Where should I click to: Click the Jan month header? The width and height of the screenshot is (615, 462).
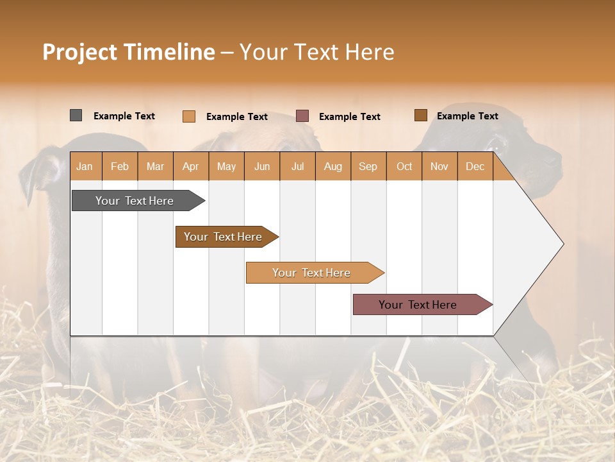pyautogui.click(x=85, y=167)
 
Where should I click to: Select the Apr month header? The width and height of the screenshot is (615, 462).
pyautogui.click(x=190, y=167)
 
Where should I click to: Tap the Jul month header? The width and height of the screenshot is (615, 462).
pyautogui.click(x=297, y=167)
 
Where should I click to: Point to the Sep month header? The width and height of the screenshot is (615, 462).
pyautogui.click(x=368, y=167)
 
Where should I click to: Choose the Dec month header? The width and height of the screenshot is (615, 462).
pyautogui.click(x=475, y=167)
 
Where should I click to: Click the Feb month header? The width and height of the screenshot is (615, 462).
pyautogui.click(x=120, y=167)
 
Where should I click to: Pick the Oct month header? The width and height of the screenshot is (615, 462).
pyautogui.click(x=404, y=167)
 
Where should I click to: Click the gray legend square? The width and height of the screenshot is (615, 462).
pyautogui.click(x=76, y=116)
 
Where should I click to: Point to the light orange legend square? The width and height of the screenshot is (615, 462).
pyautogui.click(x=188, y=116)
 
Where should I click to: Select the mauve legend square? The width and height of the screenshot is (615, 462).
pyautogui.click(x=302, y=116)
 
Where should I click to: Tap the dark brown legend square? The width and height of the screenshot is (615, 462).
pyautogui.click(x=420, y=116)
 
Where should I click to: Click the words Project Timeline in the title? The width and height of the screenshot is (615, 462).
pyautogui.click(x=128, y=52)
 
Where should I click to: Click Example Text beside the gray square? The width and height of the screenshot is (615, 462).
pyautogui.click(x=124, y=116)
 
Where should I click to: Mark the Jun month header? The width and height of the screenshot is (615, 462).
pyautogui.click(x=262, y=167)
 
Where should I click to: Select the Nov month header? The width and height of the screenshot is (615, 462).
pyautogui.click(x=439, y=167)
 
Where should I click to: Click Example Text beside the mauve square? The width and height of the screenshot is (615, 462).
pyautogui.click(x=350, y=117)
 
